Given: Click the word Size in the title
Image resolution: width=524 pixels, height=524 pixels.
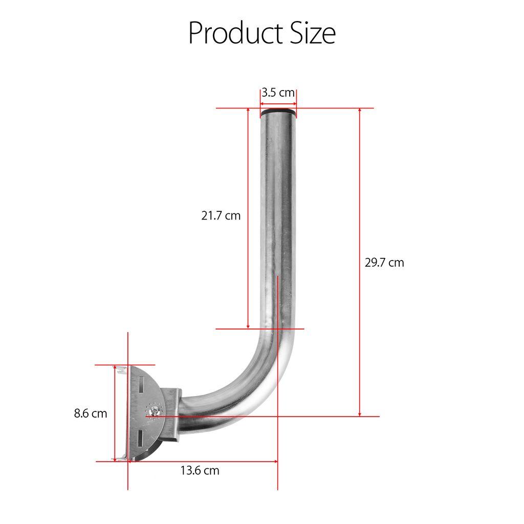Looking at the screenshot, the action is pyautogui.click(x=313, y=33).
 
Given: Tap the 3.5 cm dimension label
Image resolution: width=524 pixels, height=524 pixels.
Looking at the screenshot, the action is pyautogui.click(x=278, y=93).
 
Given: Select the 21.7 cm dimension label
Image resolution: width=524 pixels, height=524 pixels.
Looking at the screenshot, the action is pyautogui.click(x=221, y=215).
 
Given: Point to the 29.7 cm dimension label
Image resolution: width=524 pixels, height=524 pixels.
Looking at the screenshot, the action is pyautogui.click(x=384, y=263).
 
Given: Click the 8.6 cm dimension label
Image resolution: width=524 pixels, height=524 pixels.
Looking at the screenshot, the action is pyautogui.click(x=91, y=413).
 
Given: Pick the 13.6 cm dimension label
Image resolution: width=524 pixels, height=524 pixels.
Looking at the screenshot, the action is pyautogui.click(x=200, y=471).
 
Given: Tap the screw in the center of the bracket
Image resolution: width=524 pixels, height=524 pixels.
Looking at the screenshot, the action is pyautogui.click(x=154, y=411).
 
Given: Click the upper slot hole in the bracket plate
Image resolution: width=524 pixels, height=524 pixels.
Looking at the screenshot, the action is pyautogui.click(x=141, y=385).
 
